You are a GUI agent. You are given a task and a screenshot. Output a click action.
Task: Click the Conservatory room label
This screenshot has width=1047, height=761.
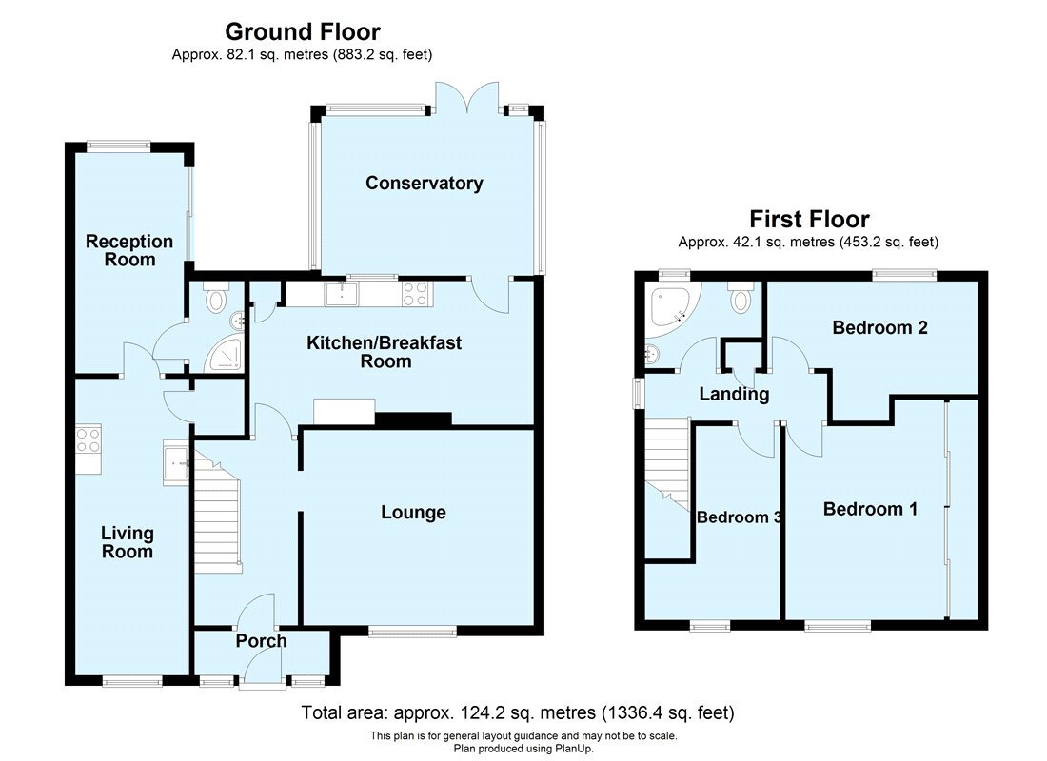425,184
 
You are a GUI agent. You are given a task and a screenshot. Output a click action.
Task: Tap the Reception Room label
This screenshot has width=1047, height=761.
129,250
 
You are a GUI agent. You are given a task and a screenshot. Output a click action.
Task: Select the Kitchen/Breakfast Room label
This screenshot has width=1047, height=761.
384,351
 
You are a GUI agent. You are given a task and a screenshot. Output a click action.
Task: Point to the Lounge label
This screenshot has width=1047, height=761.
413,513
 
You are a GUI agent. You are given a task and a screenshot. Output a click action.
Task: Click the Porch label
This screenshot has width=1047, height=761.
261,641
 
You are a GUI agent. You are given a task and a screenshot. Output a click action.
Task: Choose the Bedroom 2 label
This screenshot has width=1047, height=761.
879,328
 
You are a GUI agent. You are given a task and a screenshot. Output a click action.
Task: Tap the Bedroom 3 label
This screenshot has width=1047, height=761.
739,517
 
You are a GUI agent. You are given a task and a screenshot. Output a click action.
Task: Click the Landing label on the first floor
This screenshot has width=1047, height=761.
734,394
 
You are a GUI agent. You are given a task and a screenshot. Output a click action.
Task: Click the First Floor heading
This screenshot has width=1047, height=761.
809,220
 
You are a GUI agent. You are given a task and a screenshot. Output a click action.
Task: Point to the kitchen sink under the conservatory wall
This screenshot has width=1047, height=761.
338,295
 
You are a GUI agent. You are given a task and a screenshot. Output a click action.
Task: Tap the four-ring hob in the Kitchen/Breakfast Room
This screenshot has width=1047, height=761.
415,294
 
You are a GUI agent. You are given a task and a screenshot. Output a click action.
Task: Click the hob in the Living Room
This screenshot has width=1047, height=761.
89,439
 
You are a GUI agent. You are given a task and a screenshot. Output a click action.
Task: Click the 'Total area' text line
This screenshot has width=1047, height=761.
518,712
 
